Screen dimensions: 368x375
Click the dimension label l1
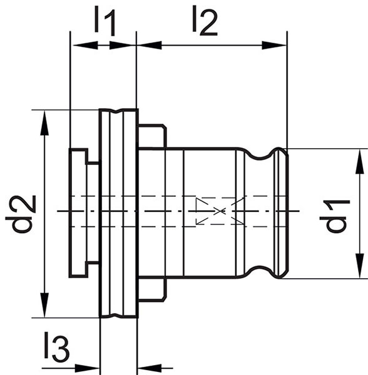(105, 21)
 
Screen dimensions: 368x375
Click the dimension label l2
(205, 21)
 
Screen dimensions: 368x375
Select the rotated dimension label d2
(21, 214)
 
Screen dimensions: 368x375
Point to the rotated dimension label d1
(335, 216)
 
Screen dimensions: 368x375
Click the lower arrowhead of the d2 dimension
(44, 305)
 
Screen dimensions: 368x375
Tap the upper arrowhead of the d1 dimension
(360, 161)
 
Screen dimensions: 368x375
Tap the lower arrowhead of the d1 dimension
(360, 266)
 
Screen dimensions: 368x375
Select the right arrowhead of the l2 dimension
(274, 45)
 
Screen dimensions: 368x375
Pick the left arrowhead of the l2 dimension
(149, 45)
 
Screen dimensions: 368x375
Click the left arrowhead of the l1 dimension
(85, 45)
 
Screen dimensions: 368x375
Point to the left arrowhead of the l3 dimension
(87, 368)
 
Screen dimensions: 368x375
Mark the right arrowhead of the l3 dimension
(150, 368)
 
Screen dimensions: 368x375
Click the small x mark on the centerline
(220, 211)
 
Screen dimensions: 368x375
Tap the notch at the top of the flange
(116, 111)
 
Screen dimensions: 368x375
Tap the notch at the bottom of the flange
(116, 316)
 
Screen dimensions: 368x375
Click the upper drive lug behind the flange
(152, 136)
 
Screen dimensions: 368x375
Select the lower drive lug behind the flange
(152, 289)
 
